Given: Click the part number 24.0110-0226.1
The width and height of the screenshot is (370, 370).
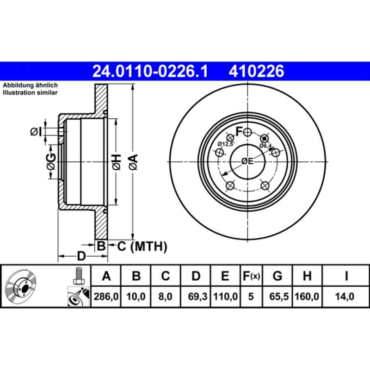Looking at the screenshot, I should coord(151,71).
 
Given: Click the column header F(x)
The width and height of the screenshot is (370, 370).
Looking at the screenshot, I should coord(251,277).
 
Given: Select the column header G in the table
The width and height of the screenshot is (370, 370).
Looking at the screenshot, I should coord(277,277).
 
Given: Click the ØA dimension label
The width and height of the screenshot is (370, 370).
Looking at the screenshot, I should coord(133,161).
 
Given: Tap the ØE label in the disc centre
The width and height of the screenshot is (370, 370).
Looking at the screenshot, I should coord(247,161).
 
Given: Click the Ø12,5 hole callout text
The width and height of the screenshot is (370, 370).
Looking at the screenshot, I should coord(226,143).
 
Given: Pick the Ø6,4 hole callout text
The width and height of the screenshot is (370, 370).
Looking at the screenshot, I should coord(265,146).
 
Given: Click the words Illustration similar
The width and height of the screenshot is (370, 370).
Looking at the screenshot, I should coord(31,93).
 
